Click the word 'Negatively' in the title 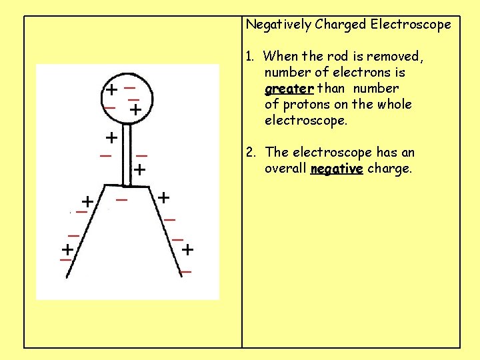tap(279, 25)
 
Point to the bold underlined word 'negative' tap(337, 169)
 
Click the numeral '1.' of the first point tap(251, 57)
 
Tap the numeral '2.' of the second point tap(251, 153)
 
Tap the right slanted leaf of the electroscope tap(164, 227)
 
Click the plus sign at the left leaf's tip tap(67, 250)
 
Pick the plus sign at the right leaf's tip tap(188, 250)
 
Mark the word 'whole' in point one tap(395, 105)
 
